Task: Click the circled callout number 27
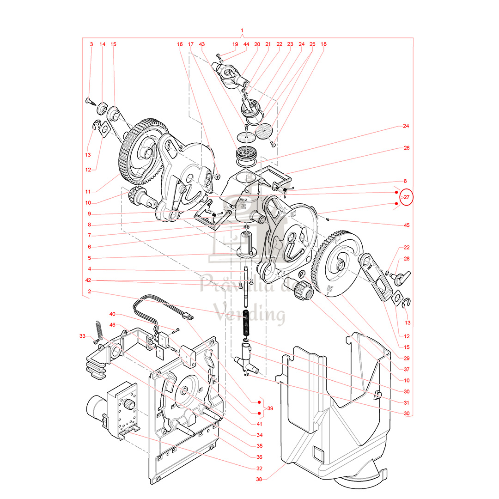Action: (x=407, y=197)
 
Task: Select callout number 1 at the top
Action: (x=242, y=31)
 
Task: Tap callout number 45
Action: (x=407, y=225)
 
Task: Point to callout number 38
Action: (x=259, y=479)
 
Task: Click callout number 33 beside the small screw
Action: (x=82, y=336)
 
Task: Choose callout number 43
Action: (x=201, y=44)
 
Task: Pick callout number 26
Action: (x=407, y=148)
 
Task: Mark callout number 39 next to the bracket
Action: (x=270, y=408)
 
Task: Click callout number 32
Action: (x=259, y=468)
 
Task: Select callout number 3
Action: (x=91, y=44)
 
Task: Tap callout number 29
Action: (x=407, y=358)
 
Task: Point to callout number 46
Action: (x=112, y=325)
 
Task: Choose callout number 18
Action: (x=323, y=44)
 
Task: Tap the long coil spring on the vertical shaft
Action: (x=246, y=323)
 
